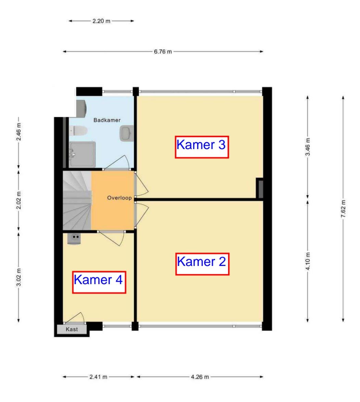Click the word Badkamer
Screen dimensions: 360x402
tap(107, 120)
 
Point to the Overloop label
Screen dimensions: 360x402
tap(120, 198)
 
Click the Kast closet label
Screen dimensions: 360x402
tap(72, 329)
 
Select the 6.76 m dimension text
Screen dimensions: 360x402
tap(163, 51)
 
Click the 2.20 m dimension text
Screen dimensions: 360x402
tap(101, 21)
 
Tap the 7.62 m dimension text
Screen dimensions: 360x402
tap(343, 209)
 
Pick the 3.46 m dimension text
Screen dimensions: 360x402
tap(308, 147)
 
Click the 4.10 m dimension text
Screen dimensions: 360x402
tap(308, 261)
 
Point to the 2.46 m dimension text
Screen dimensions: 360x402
tap(19, 132)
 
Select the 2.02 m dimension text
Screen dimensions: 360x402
tap(19, 200)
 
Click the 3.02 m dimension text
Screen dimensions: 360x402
tap(19, 277)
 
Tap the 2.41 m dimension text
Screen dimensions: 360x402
tap(98, 377)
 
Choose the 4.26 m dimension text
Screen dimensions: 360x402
tap(200, 377)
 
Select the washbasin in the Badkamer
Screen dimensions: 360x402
tap(127, 133)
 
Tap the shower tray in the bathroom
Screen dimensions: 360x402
tap(82, 154)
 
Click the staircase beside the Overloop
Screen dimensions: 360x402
tap(77, 200)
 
